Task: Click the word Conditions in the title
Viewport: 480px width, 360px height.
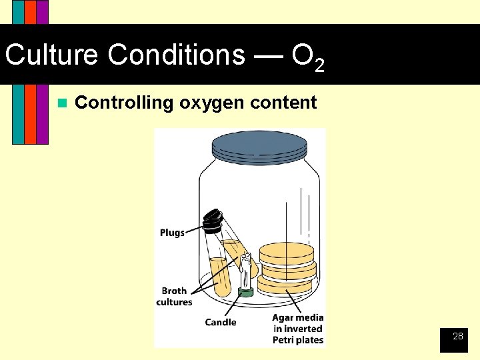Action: (177, 55)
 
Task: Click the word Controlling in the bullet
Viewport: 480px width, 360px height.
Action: (123, 103)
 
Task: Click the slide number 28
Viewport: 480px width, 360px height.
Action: (457, 337)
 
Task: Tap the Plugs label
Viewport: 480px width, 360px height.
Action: (172, 233)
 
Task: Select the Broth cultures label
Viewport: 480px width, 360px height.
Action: (174, 296)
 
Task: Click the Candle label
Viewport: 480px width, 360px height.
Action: (221, 323)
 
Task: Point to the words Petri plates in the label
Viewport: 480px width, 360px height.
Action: (298, 340)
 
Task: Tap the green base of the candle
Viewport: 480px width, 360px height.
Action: (246, 292)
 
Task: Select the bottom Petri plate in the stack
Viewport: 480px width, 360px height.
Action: (285, 285)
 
